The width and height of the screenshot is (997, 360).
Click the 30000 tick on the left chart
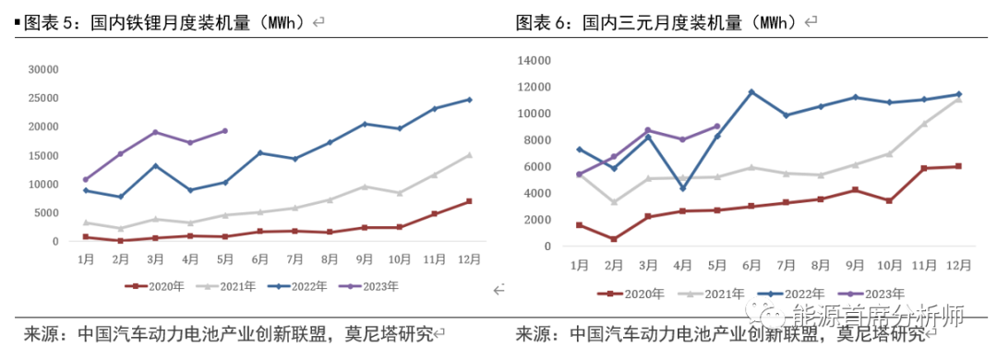[x=43, y=69]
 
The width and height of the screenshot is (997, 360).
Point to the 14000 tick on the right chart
[x=535, y=60]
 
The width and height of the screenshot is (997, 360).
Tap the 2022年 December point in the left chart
[x=469, y=100]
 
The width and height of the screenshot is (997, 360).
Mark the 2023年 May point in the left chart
[x=225, y=131]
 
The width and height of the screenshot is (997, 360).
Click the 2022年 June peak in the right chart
[x=751, y=92]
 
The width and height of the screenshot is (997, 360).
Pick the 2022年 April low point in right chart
[x=682, y=188]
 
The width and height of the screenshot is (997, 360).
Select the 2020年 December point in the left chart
[x=469, y=201]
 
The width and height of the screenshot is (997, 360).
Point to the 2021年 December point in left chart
[x=469, y=155]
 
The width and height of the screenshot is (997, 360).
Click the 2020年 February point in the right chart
[x=614, y=239]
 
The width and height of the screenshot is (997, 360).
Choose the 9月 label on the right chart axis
[x=855, y=266]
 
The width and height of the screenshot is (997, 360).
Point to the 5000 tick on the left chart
[x=46, y=213]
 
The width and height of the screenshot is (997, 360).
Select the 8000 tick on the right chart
[x=538, y=140]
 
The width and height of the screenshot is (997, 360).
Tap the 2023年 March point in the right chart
[x=648, y=130]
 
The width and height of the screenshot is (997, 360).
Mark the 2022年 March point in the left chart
[x=155, y=166]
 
